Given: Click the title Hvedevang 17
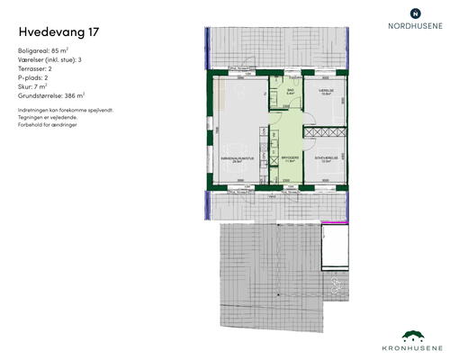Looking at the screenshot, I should (x=58, y=31).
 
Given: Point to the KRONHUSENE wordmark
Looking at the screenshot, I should (x=412, y=346).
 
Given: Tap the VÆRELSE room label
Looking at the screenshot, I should (x=326, y=90).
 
